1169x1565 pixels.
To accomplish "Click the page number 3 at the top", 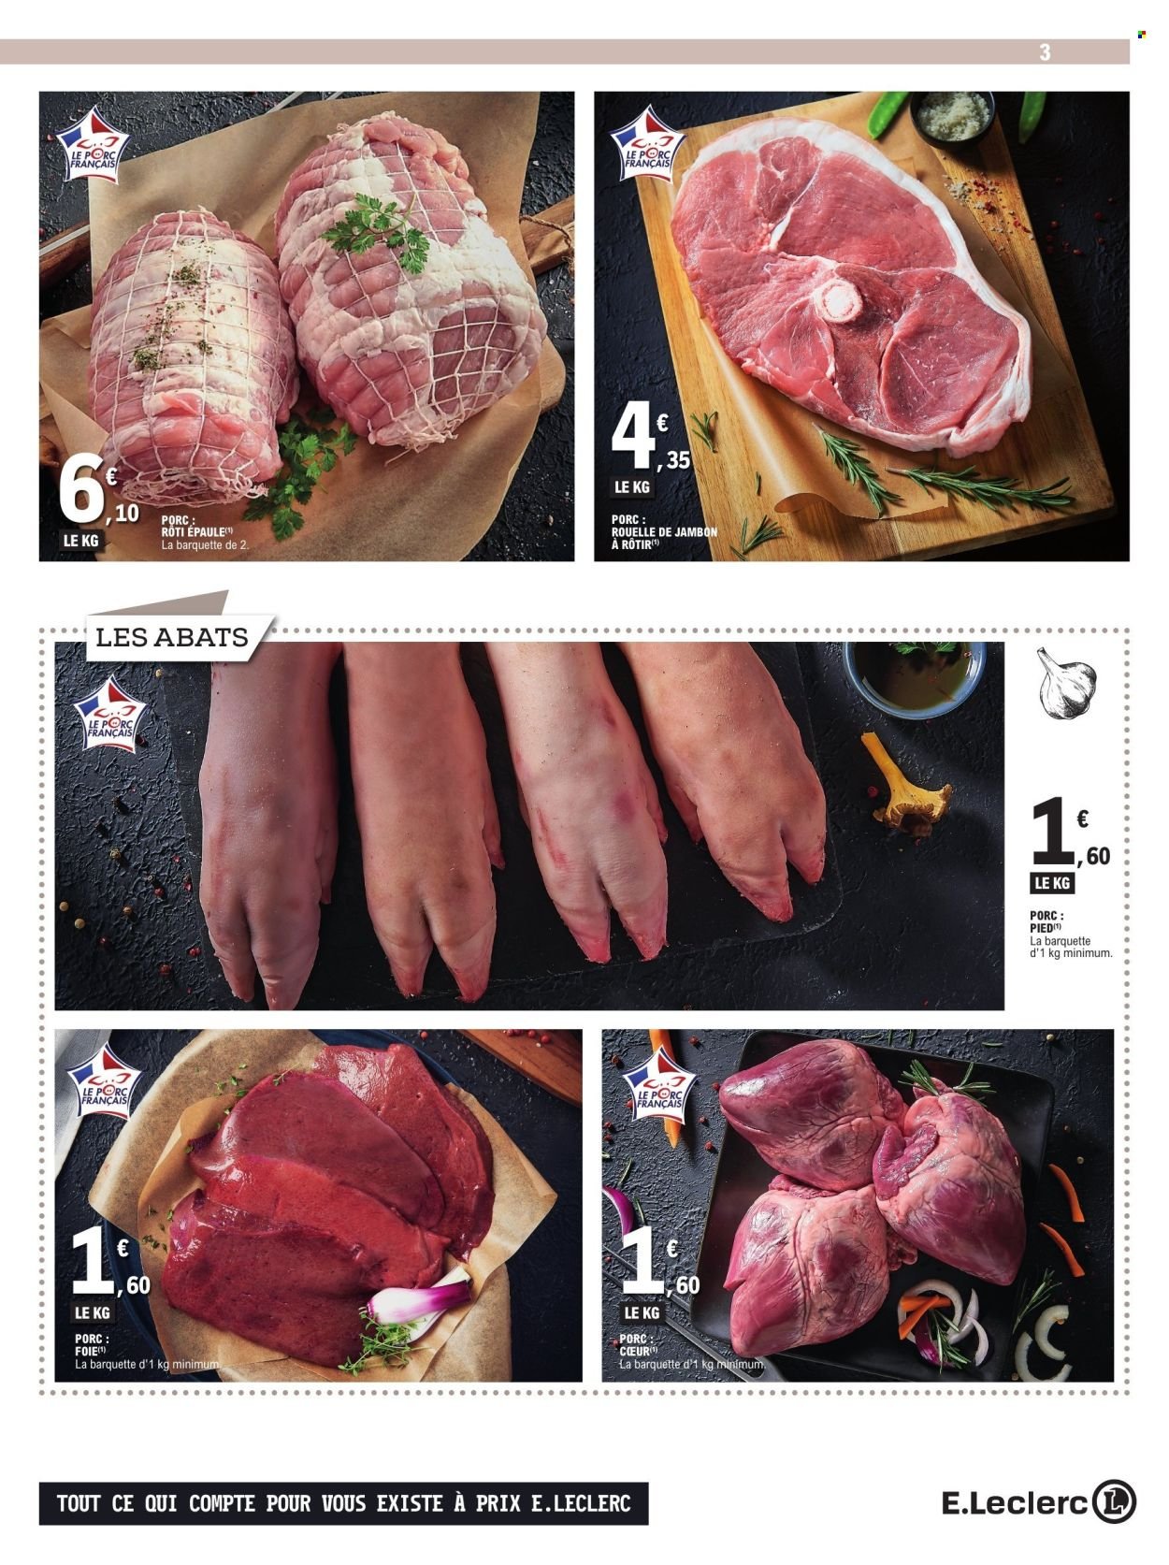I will click(1045, 53).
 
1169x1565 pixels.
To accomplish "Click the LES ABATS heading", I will click(172, 638).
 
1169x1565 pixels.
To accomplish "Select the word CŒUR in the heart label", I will click(636, 1352).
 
